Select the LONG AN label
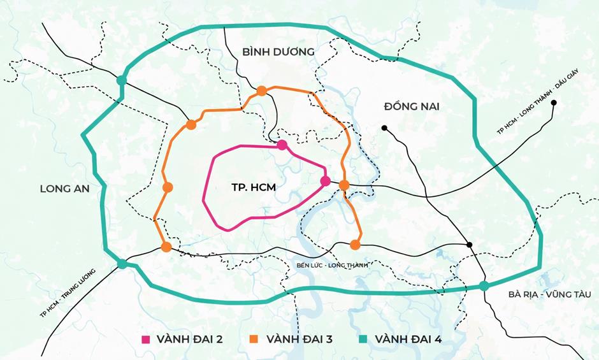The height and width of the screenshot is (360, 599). click(x=65, y=189)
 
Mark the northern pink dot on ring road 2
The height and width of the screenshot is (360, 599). click(x=282, y=145)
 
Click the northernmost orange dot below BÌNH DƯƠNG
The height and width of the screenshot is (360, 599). click(x=261, y=91)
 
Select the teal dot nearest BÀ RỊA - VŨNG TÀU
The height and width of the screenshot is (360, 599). click(x=484, y=285)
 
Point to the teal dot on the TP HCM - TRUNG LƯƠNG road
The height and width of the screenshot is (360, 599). click(x=122, y=264)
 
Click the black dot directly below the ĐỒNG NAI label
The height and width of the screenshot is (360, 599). click(x=384, y=128)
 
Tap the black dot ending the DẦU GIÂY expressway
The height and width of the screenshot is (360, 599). click(x=554, y=103)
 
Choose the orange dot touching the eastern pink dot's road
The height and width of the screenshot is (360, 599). click(x=344, y=185)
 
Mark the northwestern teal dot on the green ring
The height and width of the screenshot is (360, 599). click(x=121, y=80)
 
